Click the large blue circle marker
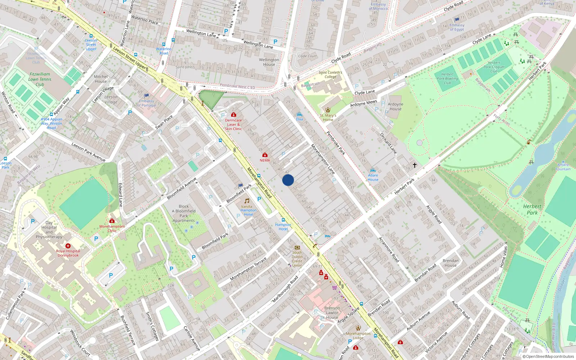click(288, 180)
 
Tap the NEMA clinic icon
click(265, 155)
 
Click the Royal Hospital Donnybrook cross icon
click(68, 246)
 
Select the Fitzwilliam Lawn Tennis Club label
click(40, 79)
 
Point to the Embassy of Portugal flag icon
click(147, 96)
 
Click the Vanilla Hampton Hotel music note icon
click(247, 201)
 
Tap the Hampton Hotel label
click(283, 227)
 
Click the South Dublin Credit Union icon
click(297, 248)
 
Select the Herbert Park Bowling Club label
click(447, 78)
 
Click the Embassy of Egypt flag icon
click(457, 19)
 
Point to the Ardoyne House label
click(395, 107)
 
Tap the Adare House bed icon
click(373, 170)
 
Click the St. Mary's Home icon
click(328, 110)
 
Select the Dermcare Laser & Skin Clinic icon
click(233, 115)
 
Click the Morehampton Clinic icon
click(112, 221)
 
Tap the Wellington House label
click(269, 62)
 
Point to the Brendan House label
click(450, 263)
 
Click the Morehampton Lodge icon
click(358, 328)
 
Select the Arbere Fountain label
click(563, 167)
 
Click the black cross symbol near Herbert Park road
click(415, 165)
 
